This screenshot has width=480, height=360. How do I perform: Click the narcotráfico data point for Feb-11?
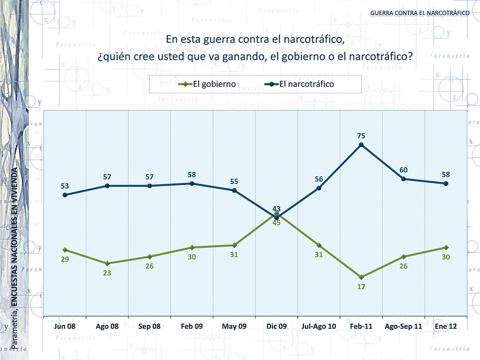pyautogui.click(x=361, y=145)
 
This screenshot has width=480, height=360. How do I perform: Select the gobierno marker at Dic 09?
pyautogui.click(x=276, y=213)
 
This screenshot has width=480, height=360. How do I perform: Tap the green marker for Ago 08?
pyautogui.click(x=107, y=263)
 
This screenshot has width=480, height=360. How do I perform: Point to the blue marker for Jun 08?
pyautogui.click(x=65, y=195)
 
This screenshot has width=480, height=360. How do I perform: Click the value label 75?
pyautogui.click(x=361, y=135)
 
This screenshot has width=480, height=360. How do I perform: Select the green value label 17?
pyautogui.click(x=361, y=287)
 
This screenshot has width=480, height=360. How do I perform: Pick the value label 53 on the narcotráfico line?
pyautogui.click(x=65, y=186)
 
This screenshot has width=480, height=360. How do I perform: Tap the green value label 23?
pyautogui.click(x=107, y=273)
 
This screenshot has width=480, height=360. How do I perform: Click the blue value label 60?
pyautogui.click(x=404, y=170)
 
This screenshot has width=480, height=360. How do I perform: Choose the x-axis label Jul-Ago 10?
pyautogui.click(x=319, y=326)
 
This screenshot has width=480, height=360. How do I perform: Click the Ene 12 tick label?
pyautogui.click(x=446, y=326)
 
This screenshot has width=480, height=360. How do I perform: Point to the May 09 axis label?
pyautogui.click(x=234, y=326)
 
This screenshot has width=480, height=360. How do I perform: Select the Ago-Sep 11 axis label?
pyautogui.click(x=404, y=326)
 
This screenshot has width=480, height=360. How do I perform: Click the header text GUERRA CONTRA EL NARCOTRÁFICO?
pyautogui.click(x=420, y=12)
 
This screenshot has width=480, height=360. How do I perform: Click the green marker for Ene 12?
pyautogui.click(x=446, y=248)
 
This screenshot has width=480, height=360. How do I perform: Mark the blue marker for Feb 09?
pyautogui.click(x=192, y=184)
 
